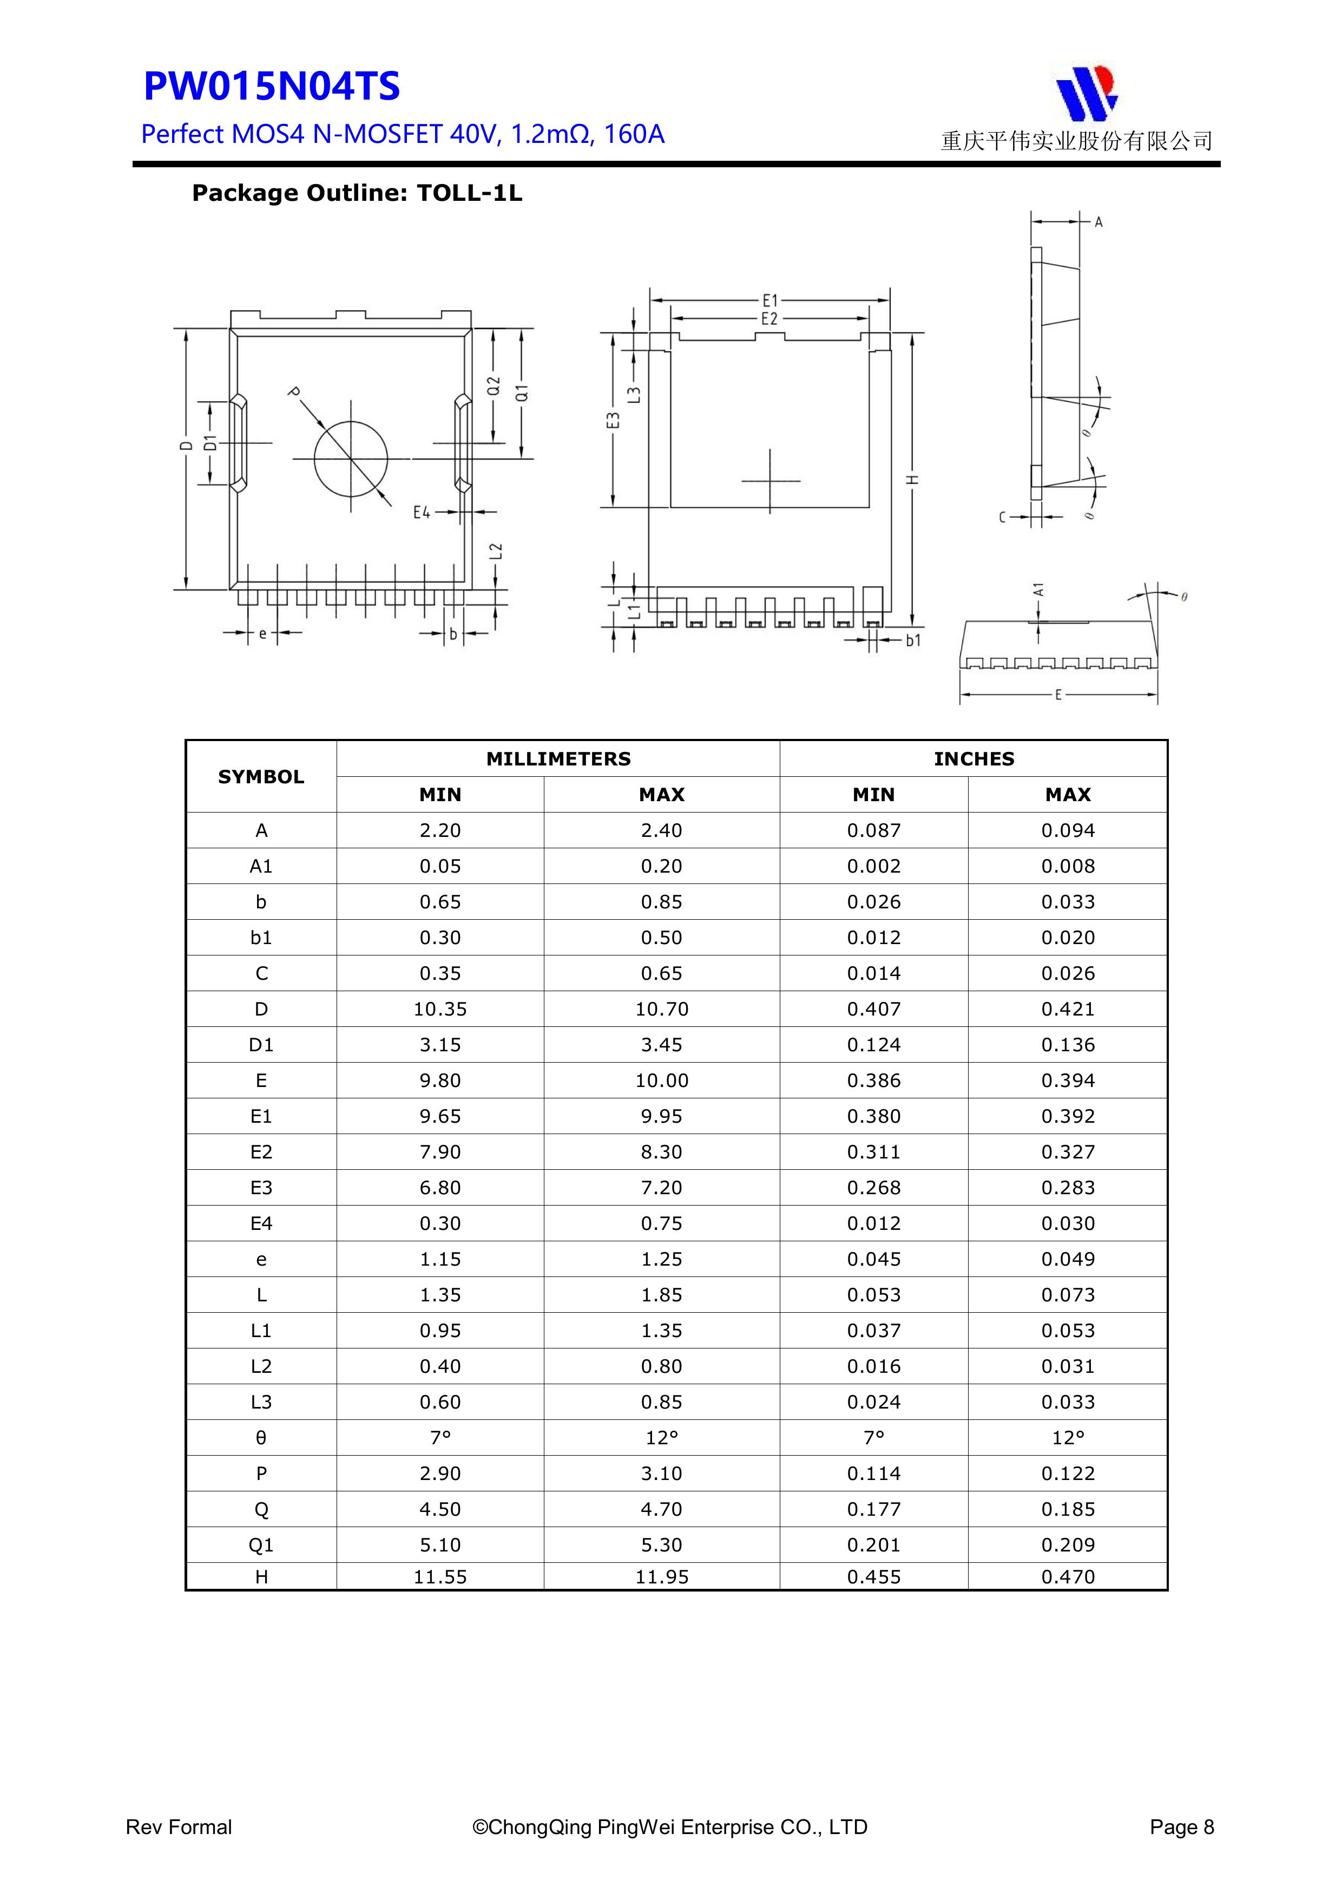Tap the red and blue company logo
1086,94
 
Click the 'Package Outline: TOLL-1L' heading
357,194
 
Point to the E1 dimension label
770,301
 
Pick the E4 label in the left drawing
422,513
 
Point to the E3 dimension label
613,420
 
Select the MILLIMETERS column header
558,758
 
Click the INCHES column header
973,758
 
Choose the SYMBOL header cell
261,777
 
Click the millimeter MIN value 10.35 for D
440,1009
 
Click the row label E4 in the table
261,1223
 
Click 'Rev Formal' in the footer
179,1827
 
